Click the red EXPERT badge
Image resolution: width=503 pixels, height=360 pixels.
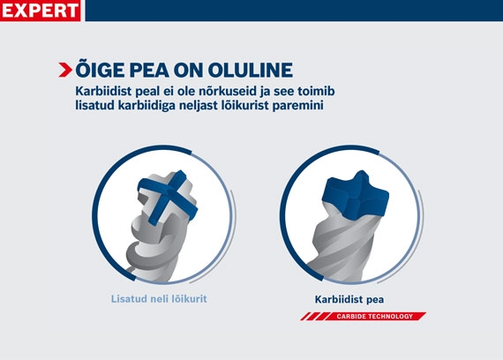click(x=41, y=11)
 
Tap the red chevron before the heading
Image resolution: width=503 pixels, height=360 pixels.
click(x=65, y=71)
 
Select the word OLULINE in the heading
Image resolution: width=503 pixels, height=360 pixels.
click(x=241, y=71)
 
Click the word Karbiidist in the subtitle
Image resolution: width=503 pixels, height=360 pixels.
click(x=108, y=91)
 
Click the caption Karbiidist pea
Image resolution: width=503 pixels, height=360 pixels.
click(x=350, y=298)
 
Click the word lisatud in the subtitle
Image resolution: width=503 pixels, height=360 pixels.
click(x=100, y=106)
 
